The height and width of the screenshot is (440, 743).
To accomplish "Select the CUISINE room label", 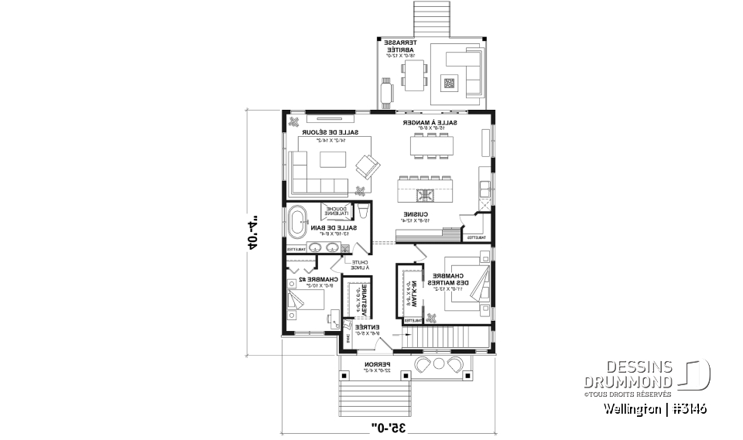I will tap(416, 216).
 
